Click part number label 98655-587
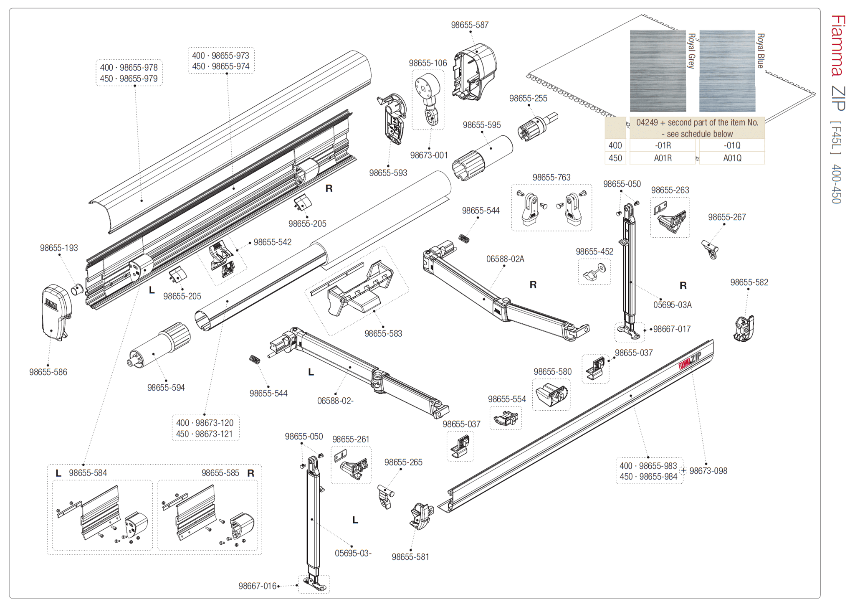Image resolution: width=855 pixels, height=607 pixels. tap(469, 25)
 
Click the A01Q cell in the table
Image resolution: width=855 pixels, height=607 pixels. tap(732, 158)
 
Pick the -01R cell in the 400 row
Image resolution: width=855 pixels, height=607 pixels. tap(663, 145)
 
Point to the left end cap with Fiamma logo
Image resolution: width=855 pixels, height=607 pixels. tap(56, 312)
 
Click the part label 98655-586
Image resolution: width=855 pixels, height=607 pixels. tap(48, 372)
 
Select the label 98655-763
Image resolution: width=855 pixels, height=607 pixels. tap(551, 178)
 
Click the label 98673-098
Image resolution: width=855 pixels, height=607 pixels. tap(708, 471)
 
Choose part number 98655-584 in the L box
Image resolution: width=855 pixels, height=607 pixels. tap(88, 473)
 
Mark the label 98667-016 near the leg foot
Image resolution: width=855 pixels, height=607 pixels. tap(257, 586)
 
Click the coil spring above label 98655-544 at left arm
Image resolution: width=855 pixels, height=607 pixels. tap(255, 359)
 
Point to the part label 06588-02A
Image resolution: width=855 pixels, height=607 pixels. tap(505, 259)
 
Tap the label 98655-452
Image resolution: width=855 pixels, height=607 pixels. tap(594, 251)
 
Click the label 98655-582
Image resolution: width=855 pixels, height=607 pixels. tap(749, 282)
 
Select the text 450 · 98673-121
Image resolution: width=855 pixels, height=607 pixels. tap(204, 434)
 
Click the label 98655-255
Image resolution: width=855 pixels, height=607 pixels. tap(528, 98)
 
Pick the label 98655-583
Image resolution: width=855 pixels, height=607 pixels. tap(383, 334)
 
